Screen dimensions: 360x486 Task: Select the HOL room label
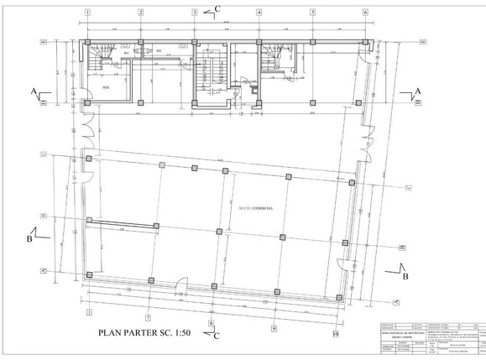pos(107,86)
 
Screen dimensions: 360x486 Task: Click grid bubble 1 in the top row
pos(87,13)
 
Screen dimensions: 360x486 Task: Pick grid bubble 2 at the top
pos(141,13)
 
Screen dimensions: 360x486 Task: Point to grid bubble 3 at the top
pos(194,13)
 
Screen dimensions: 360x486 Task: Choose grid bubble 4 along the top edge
pos(259,13)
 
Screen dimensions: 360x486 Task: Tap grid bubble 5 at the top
pos(312,13)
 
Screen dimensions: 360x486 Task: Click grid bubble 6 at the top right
pos(365,13)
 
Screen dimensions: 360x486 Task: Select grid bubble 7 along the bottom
pos(147,318)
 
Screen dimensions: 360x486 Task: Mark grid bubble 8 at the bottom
pos(211,322)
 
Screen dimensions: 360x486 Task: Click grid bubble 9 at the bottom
pos(273,328)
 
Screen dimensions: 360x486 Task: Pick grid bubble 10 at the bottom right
pos(335,333)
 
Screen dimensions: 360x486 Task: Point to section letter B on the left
pos(30,237)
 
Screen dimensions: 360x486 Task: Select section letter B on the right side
pos(405,275)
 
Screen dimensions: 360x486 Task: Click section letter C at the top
pos(218,8)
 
